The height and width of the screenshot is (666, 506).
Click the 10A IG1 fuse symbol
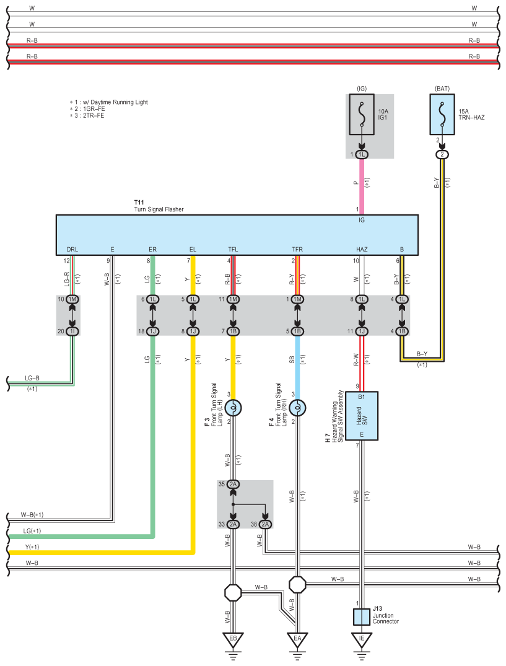[x=361, y=114]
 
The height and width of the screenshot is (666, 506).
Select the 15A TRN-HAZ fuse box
[x=442, y=114]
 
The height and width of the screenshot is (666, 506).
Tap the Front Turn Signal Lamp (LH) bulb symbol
[x=233, y=408]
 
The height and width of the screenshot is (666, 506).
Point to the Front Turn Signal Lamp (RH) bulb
[x=297, y=408]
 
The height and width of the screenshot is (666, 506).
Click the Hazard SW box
[x=361, y=416]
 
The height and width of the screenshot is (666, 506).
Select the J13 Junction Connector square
[x=361, y=616]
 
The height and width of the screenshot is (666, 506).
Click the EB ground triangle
[x=233, y=639]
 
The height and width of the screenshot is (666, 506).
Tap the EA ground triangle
[x=297, y=639]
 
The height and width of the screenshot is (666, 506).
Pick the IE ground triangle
[x=361, y=639]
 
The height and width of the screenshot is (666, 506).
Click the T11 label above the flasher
[x=139, y=203]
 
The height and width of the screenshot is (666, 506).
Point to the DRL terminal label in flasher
[x=72, y=249]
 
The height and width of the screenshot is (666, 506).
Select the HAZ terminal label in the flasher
[x=362, y=249]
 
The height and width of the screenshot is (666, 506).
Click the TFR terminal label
[x=297, y=249]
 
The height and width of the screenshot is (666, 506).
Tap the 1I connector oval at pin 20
[x=72, y=331]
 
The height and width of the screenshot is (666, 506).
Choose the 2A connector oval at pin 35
[x=233, y=484]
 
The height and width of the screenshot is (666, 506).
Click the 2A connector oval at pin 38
[x=265, y=525]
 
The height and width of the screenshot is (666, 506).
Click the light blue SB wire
[x=297, y=367]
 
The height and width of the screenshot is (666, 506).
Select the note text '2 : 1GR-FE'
[x=87, y=109]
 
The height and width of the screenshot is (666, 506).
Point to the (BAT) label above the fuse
[x=442, y=89]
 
